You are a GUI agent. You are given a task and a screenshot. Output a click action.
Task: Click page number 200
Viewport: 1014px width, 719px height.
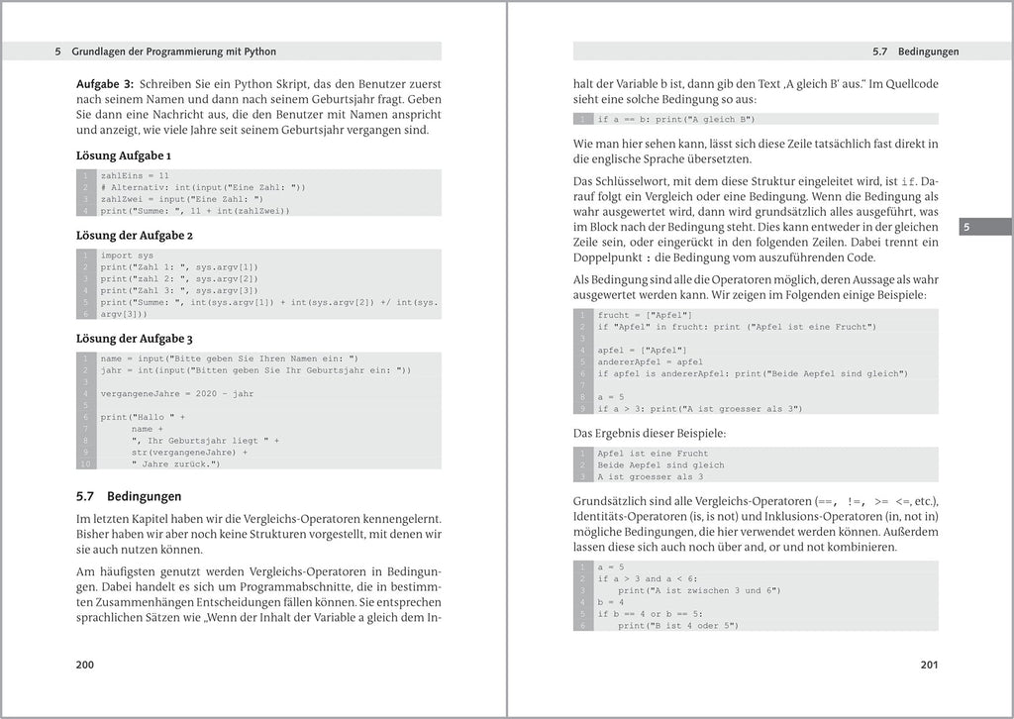(x=85, y=665)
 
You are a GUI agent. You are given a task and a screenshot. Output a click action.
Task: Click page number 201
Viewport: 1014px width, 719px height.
(x=928, y=665)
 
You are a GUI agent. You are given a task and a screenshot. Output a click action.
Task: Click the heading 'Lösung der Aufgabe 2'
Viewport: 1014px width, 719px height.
(x=135, y=236)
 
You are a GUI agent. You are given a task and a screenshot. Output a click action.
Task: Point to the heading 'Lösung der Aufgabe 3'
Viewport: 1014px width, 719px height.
(x=135, y=339)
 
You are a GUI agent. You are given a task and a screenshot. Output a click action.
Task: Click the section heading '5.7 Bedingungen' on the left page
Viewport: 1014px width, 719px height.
(x=129, y=496)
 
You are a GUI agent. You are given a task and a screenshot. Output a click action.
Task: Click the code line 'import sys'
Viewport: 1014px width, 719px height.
(x=127, y=256)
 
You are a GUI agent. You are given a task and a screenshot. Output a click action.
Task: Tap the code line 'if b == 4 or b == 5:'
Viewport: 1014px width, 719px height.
(x=650, y=614)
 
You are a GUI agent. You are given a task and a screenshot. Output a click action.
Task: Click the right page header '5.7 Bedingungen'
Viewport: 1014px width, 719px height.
(x=915, y=51)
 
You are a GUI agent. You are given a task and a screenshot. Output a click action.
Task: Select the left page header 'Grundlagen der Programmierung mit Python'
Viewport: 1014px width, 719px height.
(x=174, y=51)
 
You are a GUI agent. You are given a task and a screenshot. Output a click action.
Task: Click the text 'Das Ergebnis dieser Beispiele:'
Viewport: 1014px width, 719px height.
(x=650, y=433)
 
